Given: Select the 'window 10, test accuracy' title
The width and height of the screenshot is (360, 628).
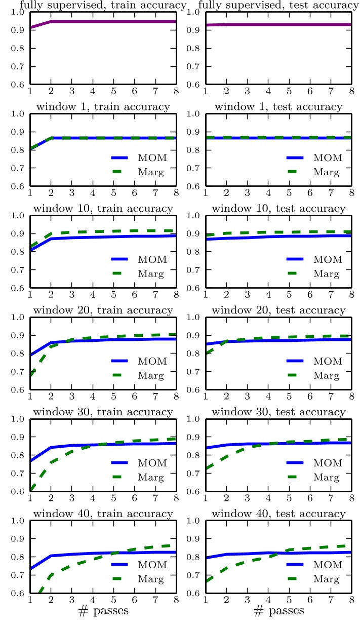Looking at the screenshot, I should click(278, 208).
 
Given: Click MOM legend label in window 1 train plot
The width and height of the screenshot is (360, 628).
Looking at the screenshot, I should click(150, 158).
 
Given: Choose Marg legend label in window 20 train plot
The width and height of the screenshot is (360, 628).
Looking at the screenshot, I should click(150, 376).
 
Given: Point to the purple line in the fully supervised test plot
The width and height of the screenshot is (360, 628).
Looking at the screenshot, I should click(279, 24).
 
